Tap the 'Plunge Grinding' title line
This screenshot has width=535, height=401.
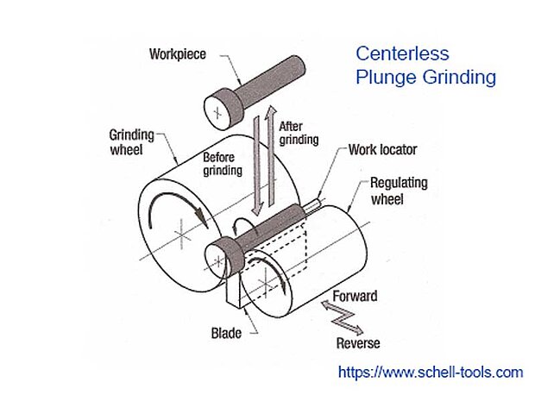(x=425, y=77)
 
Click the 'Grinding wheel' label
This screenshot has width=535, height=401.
(x=131, y=143)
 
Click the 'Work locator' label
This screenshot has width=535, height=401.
(x=382, y=150)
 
